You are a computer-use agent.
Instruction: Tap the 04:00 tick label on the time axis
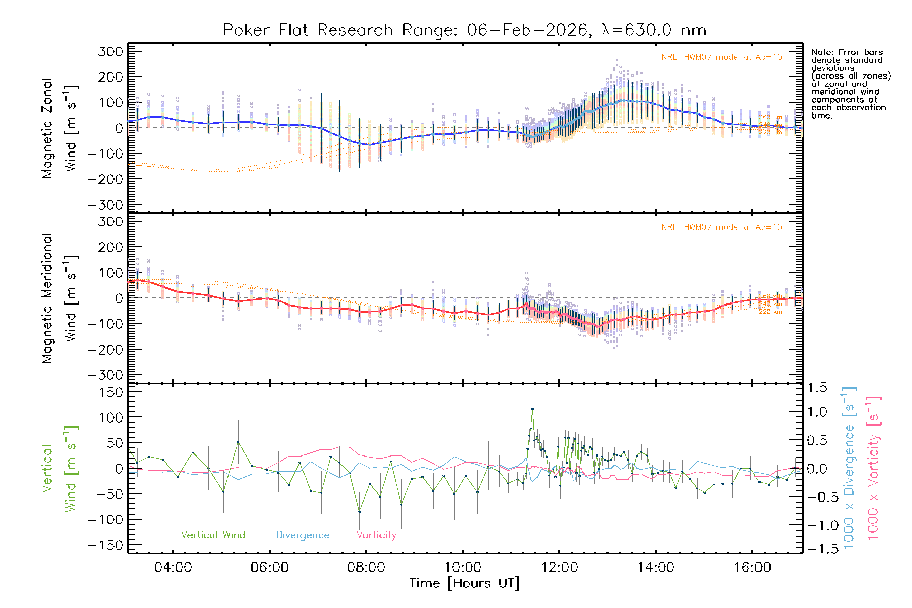(x=173, y=567)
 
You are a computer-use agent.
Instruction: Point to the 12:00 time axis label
(x=559, y=567)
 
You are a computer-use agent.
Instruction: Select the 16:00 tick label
(x=752, y=567)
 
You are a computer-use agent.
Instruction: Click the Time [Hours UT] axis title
(x=465, y=583)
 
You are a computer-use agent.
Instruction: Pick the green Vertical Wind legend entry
(x=213, y=535)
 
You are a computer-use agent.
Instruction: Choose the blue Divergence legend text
(x=302, y=535)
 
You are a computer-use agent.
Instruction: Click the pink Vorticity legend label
(x=376, y=535)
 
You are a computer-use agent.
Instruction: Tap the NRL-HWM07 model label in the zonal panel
(x=721, y=57)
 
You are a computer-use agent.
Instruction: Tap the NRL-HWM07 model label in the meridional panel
(x=721, y=227)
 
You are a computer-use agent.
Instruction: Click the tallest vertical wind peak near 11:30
(x=533, y=409)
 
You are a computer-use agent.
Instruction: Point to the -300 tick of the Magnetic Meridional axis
(x=105, y=375)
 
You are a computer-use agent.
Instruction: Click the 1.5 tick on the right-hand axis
(x=817, y=388)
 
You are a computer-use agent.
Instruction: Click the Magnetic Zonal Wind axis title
(x=59, y=128)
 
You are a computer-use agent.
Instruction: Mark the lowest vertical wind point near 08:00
(x=359, y=511)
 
